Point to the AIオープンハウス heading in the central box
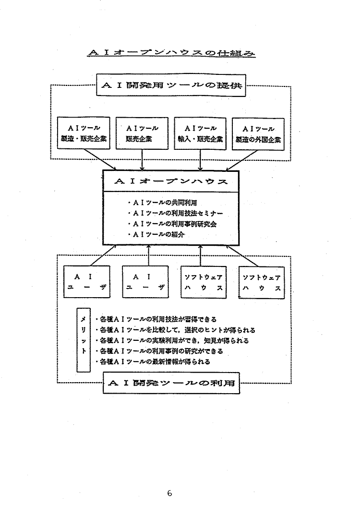pos(171,182)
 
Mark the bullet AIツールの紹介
pos(156,235)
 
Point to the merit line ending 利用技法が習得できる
pos(156,319)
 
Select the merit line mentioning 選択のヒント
pos(175,330)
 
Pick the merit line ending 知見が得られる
pos(172,340)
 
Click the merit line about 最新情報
pos(153,361)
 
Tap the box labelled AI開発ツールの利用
pos(171,384)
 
